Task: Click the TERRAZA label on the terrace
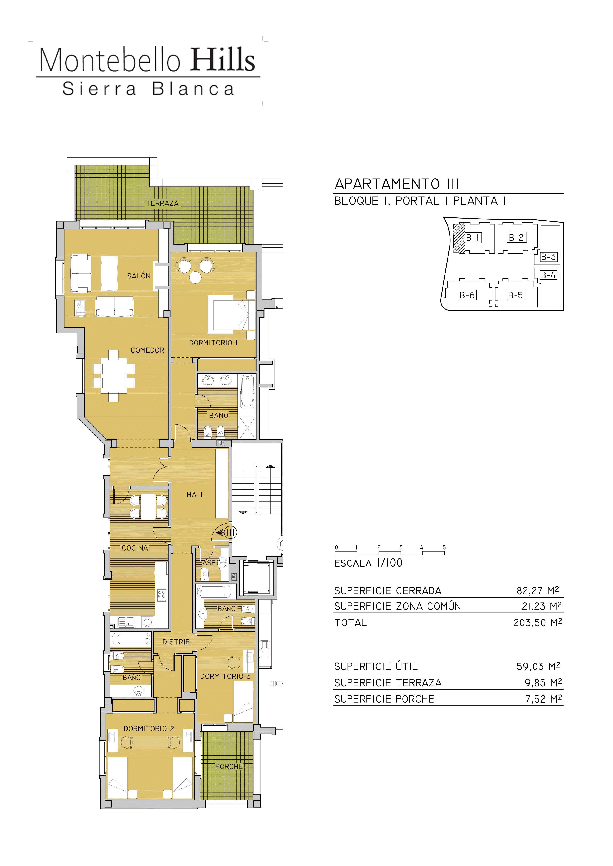162,203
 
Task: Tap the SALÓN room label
138,276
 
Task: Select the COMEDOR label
147,350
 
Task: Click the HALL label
195,495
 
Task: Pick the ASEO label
211,563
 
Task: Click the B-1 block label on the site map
472,237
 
